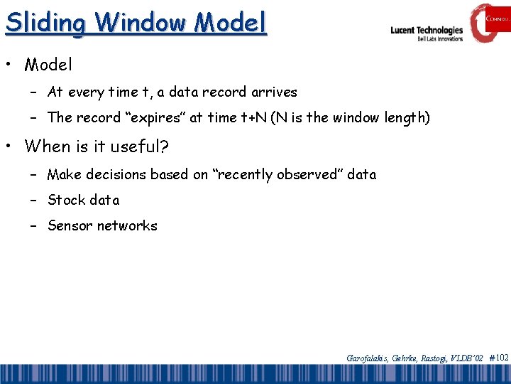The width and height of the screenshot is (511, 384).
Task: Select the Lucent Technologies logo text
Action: [x=427, y=30]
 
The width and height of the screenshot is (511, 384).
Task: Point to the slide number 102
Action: [x=501, y=358]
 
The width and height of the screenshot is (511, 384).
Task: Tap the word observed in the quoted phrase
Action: [x=295, y=174]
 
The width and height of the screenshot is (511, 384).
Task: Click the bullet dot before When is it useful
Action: [x=11, y=147]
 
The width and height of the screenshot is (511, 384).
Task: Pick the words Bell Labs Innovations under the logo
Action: [x=439, y=39]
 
